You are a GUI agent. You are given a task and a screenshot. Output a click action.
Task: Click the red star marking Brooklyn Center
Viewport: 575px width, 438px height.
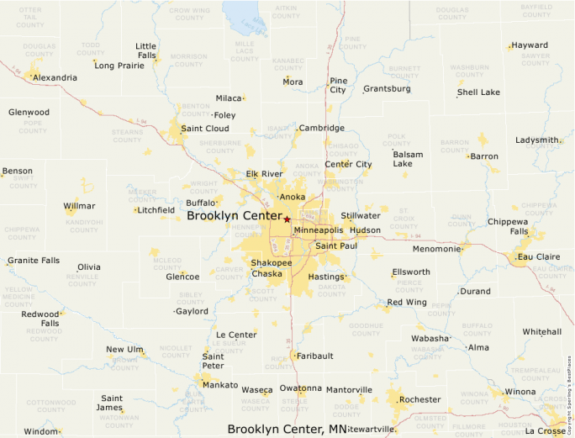coord(287,219)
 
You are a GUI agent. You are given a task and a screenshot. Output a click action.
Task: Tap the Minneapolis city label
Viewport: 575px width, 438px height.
coord(319,230)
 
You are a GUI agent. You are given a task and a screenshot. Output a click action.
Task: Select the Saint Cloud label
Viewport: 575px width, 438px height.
coord(204,129)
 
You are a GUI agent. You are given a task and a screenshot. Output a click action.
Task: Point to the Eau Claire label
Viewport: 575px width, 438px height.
coord(539,256)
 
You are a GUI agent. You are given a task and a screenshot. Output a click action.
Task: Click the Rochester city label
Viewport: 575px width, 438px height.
coord(419,399)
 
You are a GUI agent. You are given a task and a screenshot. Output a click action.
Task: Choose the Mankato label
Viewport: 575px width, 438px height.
coord(220,385)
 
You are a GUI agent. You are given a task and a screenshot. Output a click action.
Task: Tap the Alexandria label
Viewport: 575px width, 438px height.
coord(55,77)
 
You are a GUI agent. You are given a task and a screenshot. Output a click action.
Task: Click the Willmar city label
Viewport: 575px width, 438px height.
coord(79,205)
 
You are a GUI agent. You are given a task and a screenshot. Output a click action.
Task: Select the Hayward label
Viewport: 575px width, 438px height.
coord(530,45)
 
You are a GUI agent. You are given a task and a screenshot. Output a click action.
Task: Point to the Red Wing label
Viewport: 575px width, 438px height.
coord(407,302)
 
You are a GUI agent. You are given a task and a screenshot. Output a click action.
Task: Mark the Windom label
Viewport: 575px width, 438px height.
coord(40,431)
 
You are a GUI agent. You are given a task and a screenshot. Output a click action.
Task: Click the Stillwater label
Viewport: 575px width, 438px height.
coord(361,216)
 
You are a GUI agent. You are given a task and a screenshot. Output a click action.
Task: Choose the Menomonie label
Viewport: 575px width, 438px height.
coord(436,249)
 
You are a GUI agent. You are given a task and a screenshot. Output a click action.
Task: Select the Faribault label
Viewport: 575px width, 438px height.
coord(315,356)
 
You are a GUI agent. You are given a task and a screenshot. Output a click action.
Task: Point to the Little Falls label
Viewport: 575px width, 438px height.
coord(146,50)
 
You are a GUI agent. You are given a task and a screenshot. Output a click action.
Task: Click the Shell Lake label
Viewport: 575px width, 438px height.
coord(478,92)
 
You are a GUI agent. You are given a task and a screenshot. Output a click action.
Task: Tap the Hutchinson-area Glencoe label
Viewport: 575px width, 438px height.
coord(182,277)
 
